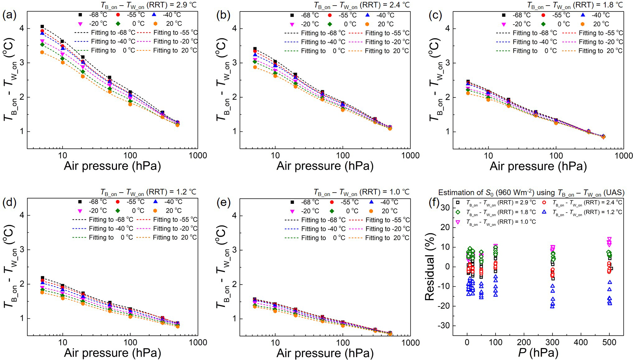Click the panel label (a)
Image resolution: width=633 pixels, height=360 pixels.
9,15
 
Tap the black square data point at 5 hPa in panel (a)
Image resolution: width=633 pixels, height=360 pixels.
42,26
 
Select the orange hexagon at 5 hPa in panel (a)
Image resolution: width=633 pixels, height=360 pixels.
42,52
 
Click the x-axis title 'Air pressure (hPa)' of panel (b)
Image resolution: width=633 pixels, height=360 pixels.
325,166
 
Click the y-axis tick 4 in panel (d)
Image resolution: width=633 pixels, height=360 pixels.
22,215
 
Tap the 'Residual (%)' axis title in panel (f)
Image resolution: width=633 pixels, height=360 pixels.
430,267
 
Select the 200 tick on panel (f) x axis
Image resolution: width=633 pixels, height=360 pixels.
524,343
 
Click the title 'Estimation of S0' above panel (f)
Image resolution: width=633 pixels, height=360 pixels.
531,193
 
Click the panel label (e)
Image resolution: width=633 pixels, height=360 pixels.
223,203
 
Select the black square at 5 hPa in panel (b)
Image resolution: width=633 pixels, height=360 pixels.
255,49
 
